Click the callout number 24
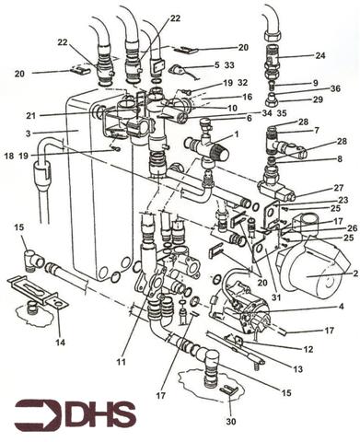pyautogui.click(x=320, y=54)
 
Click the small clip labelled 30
pyautogui.click(x=226, y=393)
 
